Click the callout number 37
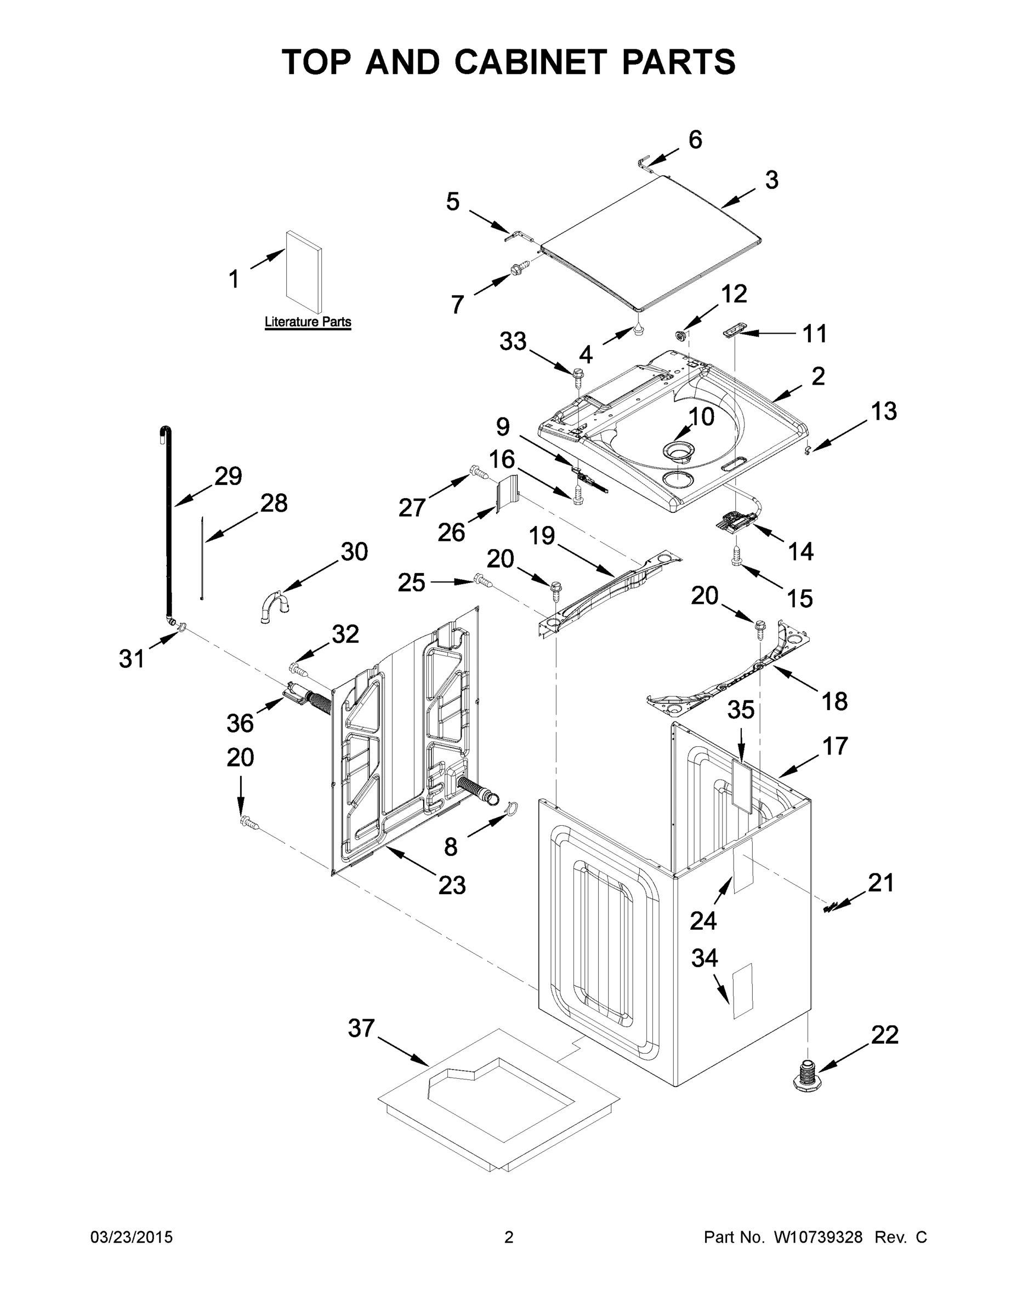[x=361, y=1028]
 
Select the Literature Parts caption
[x=308, y=322]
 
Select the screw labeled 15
[x=736, y=558]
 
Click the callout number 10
[x=701, y=416]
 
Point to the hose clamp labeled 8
[x=512, y=810]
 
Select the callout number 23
[x=452, y=884]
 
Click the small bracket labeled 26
[x=507, y=493]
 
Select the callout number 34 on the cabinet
[x=704, y=958]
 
